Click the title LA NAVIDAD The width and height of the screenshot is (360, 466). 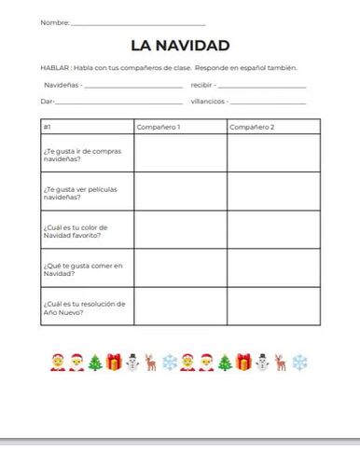(180, 46)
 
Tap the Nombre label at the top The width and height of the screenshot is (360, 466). (53, 21)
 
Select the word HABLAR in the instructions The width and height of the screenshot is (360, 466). (55, 68)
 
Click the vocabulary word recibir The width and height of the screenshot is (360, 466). (202, 85)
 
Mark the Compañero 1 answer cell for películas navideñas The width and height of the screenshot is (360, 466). (179, 192)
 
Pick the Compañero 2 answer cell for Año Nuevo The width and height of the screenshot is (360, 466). (273, 307)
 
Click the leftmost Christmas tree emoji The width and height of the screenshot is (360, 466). (93, 361)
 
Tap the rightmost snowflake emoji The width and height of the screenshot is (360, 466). (301, 361)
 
